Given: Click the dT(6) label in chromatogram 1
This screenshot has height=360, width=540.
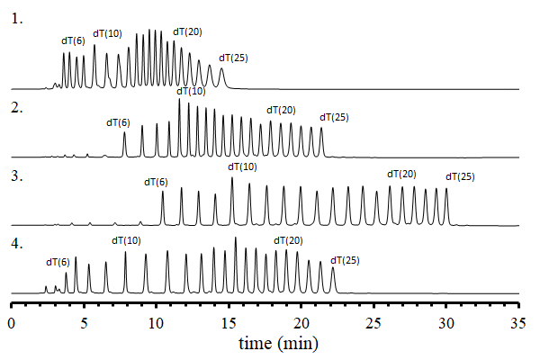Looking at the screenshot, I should (73, 40).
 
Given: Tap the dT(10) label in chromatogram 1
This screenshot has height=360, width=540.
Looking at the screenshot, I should (107, 33).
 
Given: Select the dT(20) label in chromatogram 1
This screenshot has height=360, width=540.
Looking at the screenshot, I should (187, 32).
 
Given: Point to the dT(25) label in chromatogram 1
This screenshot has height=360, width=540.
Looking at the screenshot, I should (233, 58).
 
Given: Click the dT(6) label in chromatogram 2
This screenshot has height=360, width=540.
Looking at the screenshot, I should (118, 122).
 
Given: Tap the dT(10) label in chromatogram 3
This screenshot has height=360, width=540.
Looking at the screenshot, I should (242, 166).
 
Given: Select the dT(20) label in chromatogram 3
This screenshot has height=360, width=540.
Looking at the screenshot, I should (401, 174).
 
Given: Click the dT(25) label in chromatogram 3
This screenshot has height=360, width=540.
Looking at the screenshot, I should (460, 176).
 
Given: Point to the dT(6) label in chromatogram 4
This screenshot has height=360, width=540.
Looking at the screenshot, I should (58, 262).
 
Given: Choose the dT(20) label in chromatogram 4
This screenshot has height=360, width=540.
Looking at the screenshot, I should (287, 240).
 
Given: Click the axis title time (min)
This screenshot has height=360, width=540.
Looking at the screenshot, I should (277, 343).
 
